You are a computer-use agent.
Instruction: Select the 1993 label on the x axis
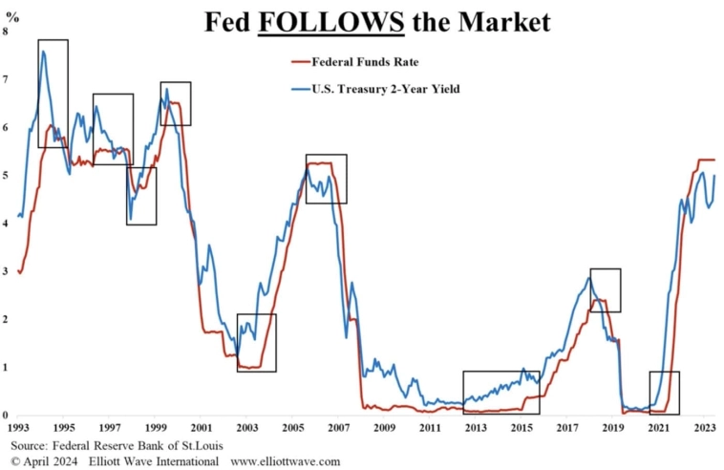point(19,429)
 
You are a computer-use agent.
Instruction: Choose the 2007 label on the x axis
point(339,429)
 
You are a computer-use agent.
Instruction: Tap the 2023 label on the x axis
point(705,429)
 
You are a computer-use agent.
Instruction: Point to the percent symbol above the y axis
point(13,12)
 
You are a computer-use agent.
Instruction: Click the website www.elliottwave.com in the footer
point(286,461)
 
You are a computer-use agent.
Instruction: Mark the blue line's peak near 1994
point(43,52)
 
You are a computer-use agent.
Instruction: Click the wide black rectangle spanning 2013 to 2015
point(501,393)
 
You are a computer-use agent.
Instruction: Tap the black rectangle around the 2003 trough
point(256,343)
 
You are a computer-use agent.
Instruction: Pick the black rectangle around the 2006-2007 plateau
point(326,179)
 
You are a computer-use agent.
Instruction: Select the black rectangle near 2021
point(664,393)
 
